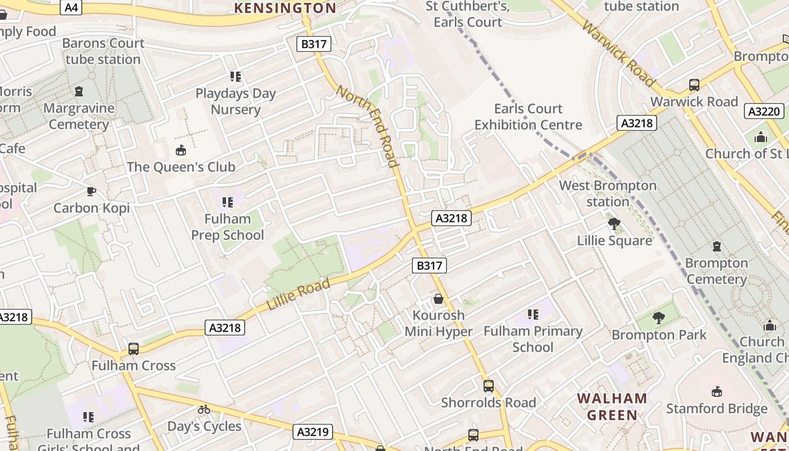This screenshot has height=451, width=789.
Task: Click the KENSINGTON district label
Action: tap(285, 8)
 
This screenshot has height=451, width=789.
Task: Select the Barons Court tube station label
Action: tap(103, 51)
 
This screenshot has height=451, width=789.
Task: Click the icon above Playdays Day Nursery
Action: tap(236, 76)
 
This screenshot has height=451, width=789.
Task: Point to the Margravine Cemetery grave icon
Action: tap(79, 91)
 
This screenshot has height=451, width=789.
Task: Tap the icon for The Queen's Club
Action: tap(181, 150)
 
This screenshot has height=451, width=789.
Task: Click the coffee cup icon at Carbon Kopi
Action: tap(91, 191)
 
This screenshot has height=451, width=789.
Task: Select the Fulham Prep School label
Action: tap(228, 227)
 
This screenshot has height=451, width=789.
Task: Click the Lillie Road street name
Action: tap(298, 295)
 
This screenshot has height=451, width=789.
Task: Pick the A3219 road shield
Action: tap(313, 432)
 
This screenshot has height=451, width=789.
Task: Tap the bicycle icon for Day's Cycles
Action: tap(204, 409)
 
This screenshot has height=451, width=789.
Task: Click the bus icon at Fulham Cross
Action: tap(134, 348)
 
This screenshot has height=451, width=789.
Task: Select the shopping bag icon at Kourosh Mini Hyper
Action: tap(438, 298)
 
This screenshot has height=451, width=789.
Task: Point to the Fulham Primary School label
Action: tap(533, 339)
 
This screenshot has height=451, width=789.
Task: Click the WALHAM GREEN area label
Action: tap(612, 406)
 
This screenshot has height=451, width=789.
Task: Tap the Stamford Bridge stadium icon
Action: tap(717, 391)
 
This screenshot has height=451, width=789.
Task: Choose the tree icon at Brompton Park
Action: tap(658, 318)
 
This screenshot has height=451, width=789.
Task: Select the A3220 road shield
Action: tap(764, 111)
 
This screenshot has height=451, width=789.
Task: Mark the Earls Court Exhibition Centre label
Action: tap(528, 117)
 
